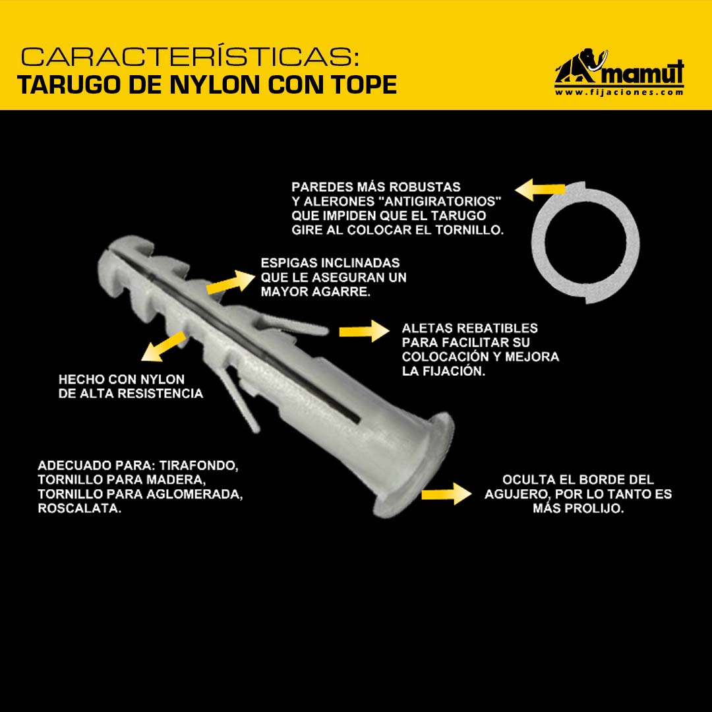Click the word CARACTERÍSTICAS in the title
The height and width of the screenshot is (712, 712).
[189, 57]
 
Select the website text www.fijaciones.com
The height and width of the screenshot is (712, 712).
[619, 92]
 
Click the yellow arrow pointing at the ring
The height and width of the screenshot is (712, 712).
[540, 190]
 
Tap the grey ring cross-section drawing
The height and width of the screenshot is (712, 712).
[586, 243]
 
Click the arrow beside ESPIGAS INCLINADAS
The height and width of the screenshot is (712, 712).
[231, 282]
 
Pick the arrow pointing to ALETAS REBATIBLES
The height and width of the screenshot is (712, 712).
[364, 331]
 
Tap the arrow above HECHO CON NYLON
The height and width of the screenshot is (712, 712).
[163, 347]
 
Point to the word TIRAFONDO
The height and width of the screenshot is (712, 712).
[199, 466]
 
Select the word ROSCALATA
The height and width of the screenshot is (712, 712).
[80, 508]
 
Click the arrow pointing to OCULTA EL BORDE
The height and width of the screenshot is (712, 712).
[446, 494]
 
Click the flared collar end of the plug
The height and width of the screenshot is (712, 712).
[415, 465]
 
